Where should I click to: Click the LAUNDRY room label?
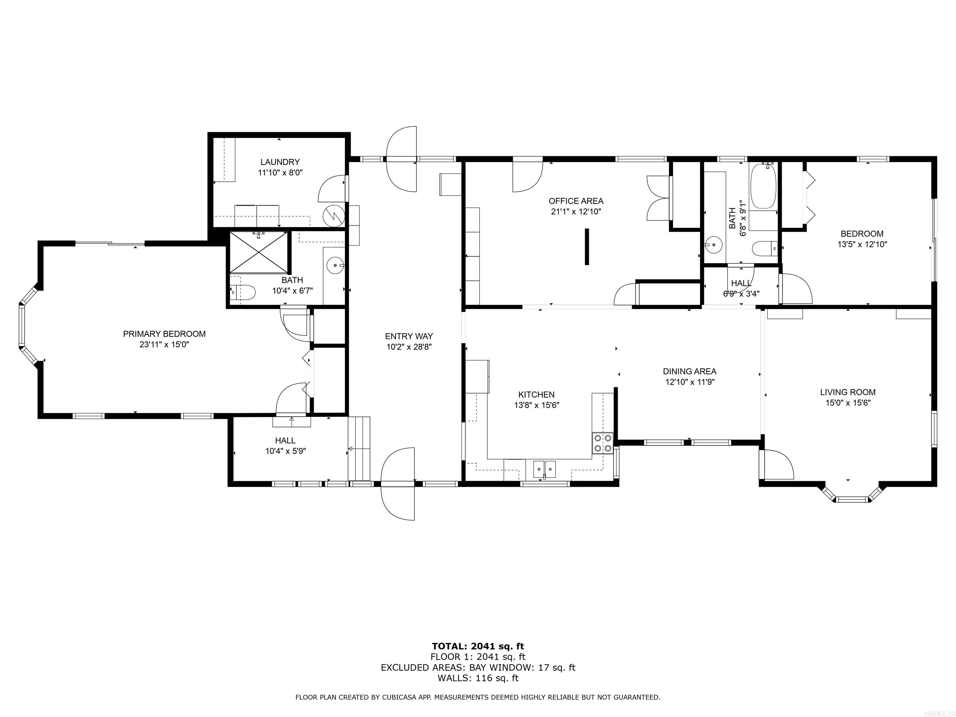pos(280,162)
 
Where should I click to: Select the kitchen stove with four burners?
pos(602,443)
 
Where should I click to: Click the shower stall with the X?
pos(258,252)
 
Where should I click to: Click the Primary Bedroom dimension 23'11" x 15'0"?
pos(164,345)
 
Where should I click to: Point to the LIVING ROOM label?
pos(847,392)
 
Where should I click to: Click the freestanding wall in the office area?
pos(587,246)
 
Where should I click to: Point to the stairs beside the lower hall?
pos(359,448)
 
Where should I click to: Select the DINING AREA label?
pos(689,371)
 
